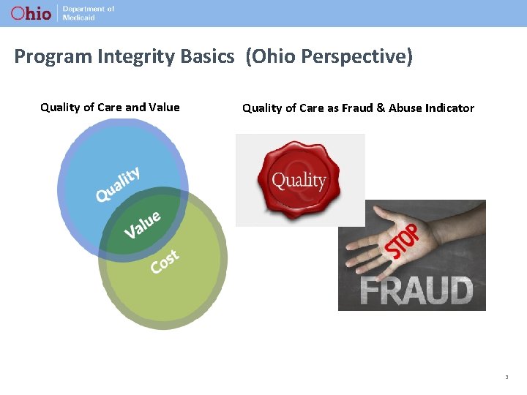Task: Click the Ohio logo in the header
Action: tap(31, 13)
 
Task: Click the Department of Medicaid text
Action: tap(88, 13)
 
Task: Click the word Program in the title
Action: tap(47, 57)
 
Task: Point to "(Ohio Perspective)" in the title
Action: tap(329, 57)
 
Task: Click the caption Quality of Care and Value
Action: tap(110, 108)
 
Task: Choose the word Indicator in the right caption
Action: tap(448, 108)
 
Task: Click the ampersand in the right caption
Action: tap(380, 108)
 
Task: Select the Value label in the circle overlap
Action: tap(142, 224)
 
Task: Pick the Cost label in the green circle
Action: tap(165, 261)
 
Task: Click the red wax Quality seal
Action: tap(299, 180)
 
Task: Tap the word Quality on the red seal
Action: tap(299, 180)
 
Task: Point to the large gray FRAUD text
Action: tap(417, 290)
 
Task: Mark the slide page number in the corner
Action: tap(506, 377)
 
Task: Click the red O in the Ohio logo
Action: tap(17, 13)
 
